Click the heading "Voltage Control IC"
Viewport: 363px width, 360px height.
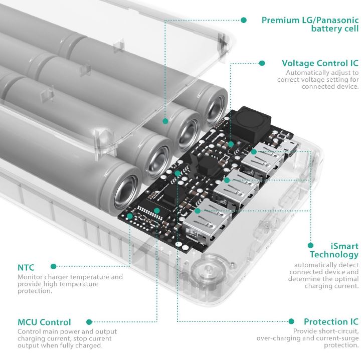coord(320,63)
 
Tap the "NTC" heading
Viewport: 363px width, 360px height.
coord(26,267)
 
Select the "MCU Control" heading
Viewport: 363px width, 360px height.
coord(44,322)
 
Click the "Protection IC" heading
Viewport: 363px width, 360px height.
coord(331,321)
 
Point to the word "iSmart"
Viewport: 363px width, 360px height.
coord(344,246)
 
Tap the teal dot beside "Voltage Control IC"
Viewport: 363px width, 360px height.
coord(261,63)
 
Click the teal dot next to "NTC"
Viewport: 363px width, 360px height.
coord(53,267)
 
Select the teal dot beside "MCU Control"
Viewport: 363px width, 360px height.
coord(89,322)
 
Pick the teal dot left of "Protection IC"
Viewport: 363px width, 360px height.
coord(291,321)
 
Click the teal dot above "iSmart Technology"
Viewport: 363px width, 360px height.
coord(310,246)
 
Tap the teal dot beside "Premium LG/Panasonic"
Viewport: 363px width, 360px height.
coord(244,20)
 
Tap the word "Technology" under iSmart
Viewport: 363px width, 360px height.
coord(334,255)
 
